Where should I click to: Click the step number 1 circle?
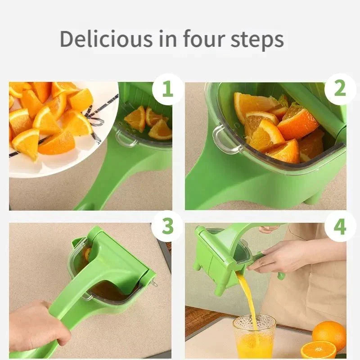(167, 89)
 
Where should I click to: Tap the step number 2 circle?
(340, 89)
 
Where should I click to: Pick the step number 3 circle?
(167, 226)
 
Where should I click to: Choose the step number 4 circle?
(340, 226)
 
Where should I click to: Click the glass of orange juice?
(254, 337)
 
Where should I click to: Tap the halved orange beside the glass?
(319, 350)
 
